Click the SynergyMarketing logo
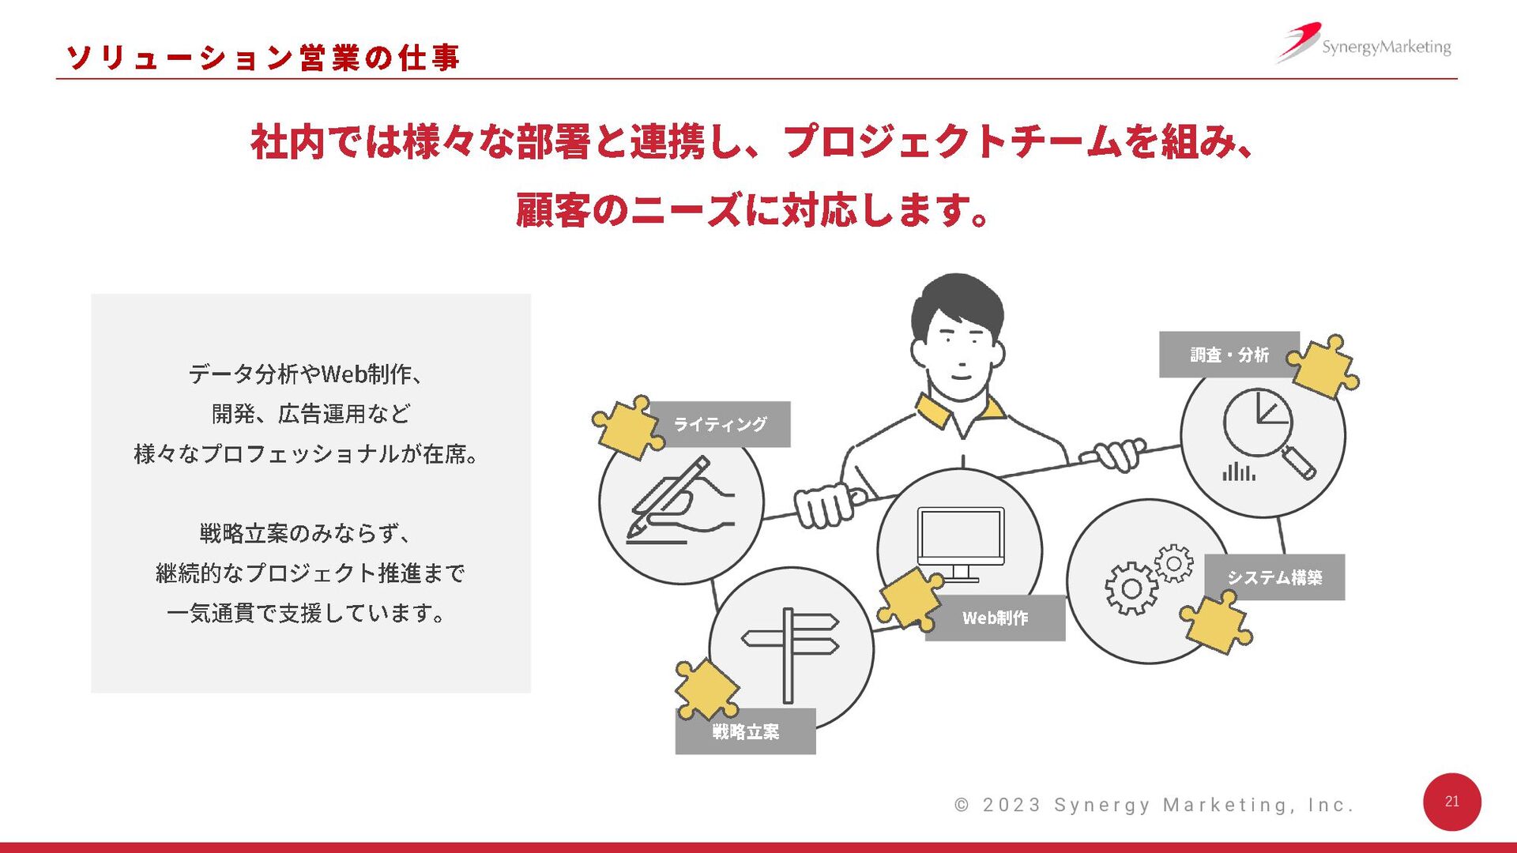1365,44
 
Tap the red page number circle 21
1451,802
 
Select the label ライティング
720,424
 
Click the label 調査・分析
1229,355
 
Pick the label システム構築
1274,577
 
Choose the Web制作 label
995,618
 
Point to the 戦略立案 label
745,732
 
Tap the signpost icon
790,652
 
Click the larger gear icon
1131,588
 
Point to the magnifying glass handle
1298,462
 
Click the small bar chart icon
1238,472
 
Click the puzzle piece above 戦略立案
706,689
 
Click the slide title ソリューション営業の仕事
262,57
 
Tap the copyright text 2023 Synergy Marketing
1154,805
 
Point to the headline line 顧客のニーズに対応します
752,211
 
